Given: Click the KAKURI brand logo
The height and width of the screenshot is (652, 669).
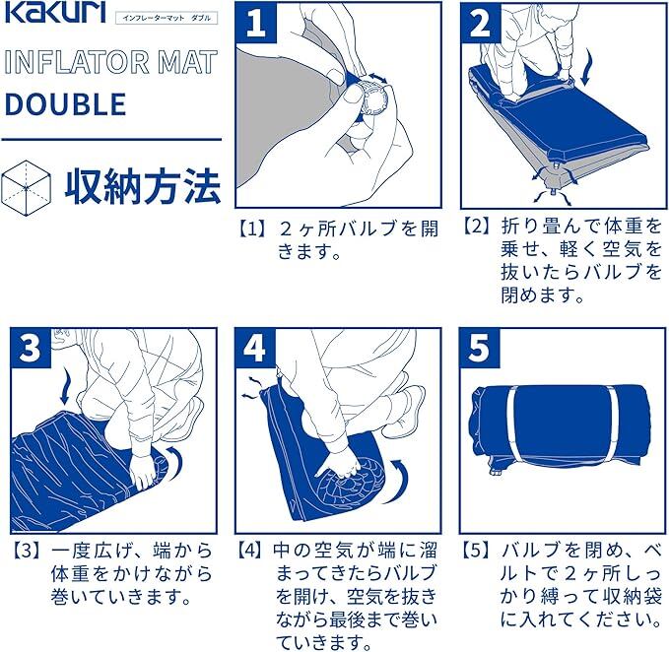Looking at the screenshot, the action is tap(54, 13).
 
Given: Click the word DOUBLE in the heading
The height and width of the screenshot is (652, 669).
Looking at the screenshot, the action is tap(65, 104).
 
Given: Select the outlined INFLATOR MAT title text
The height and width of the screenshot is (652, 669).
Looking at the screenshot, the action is tap(111, 62).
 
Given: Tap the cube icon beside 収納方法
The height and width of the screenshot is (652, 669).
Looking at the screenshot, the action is tap(26, 188).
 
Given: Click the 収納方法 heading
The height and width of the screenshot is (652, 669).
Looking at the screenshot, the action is tap(143, 186).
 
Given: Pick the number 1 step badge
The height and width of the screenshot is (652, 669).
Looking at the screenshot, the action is tap(256, 23).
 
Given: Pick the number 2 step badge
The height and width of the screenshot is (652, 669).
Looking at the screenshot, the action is tap(481, 23).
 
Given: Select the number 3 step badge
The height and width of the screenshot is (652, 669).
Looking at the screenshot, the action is tap(31, 348).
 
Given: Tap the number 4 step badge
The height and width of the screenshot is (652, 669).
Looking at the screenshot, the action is tap(255, 348).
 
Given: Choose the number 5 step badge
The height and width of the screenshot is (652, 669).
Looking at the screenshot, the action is tap(480, 348).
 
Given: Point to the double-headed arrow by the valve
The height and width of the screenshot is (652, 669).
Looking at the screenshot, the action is tap(378, 78).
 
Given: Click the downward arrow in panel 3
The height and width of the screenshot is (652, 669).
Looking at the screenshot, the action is tap(65, 387).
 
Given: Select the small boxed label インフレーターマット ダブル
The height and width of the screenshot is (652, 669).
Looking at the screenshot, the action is tap(167, 18).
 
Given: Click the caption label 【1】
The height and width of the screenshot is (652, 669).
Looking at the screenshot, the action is tap(252, 229).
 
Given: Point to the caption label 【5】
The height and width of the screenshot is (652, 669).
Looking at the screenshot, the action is tap(478, 552).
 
